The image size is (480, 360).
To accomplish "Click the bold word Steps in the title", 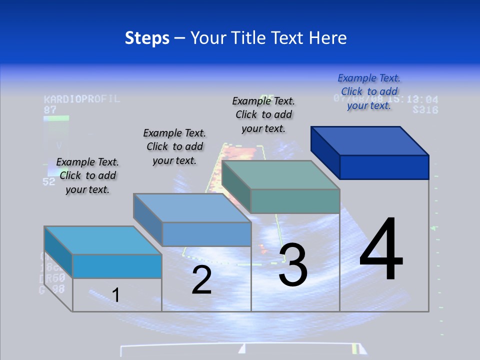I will click(x=147, y=38).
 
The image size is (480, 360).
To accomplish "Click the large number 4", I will click(x=381, y=250).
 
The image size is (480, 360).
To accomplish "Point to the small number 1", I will click(x=115, y=295).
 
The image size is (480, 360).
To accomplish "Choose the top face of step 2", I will click(x=192, y=207).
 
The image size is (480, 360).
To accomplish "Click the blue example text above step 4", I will click(x=369, y=91).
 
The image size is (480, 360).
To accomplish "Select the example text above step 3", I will click(x=263, y=114).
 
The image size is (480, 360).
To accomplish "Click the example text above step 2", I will click(x=174, y=146).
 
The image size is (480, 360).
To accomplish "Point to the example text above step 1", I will click(x=87, y=175).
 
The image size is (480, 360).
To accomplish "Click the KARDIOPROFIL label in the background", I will click(x=82, y=98).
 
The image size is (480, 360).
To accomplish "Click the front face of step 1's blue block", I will click(x=117, y=266).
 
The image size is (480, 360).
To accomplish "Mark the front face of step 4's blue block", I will click(x=384, y=167).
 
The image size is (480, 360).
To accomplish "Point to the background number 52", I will click(x=48, y=181).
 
